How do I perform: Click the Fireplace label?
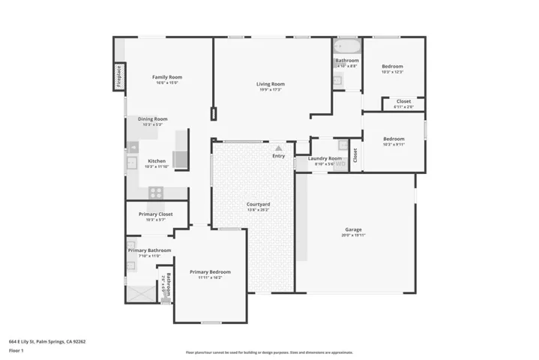pyautogui.click(x=118, y=76)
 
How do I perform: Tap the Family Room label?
pyautogui.click(x=167, y=77)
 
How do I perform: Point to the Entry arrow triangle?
pyautogui.click(x=279, y=148)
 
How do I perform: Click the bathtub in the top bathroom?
pyautogui.click(x=347, y=46)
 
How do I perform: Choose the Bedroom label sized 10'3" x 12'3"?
pyautogui.click(x=393, y=66)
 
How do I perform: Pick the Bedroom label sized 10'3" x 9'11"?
pyautogui.click(x=394, y=139)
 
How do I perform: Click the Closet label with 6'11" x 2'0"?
pyautogui.click(x=403, y=101)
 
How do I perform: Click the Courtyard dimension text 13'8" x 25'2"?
pyautogui.click(x=259, y=210)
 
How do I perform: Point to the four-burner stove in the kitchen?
pyautogui.click(x=156, y=192)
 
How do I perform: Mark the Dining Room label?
pyautogui.click(x=152, y=118)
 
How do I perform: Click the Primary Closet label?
pyautogui.click(x=155, y=214)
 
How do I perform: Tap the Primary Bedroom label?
pyautogui.click(x=210, y=271)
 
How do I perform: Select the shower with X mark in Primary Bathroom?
pyautogui.click(x=139, y=293)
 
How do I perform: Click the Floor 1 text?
pyautogui.click(x=16, y=350)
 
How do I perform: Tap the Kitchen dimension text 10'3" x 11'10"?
pyautogui.click(x=157, y=166)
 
